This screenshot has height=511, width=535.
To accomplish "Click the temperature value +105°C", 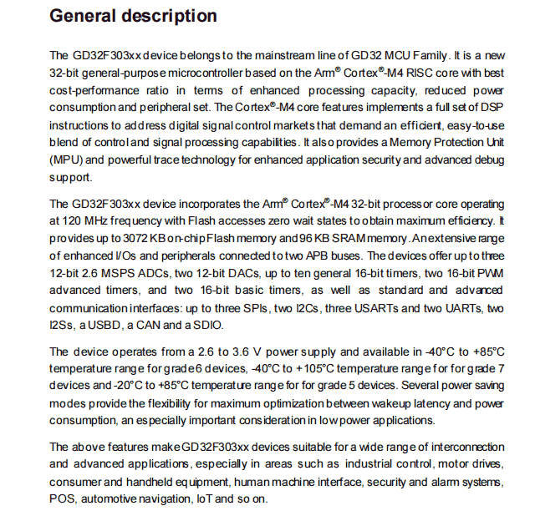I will (x=308, y=368).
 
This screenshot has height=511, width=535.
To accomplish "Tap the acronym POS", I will (x=63, y=499).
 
